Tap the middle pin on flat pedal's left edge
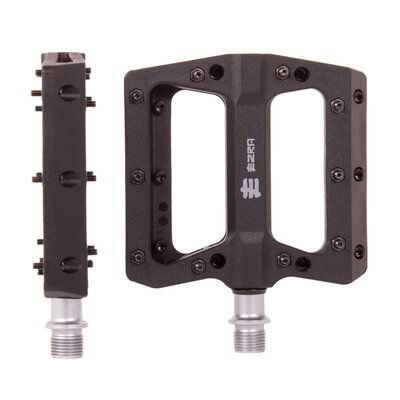click(138, 176)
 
